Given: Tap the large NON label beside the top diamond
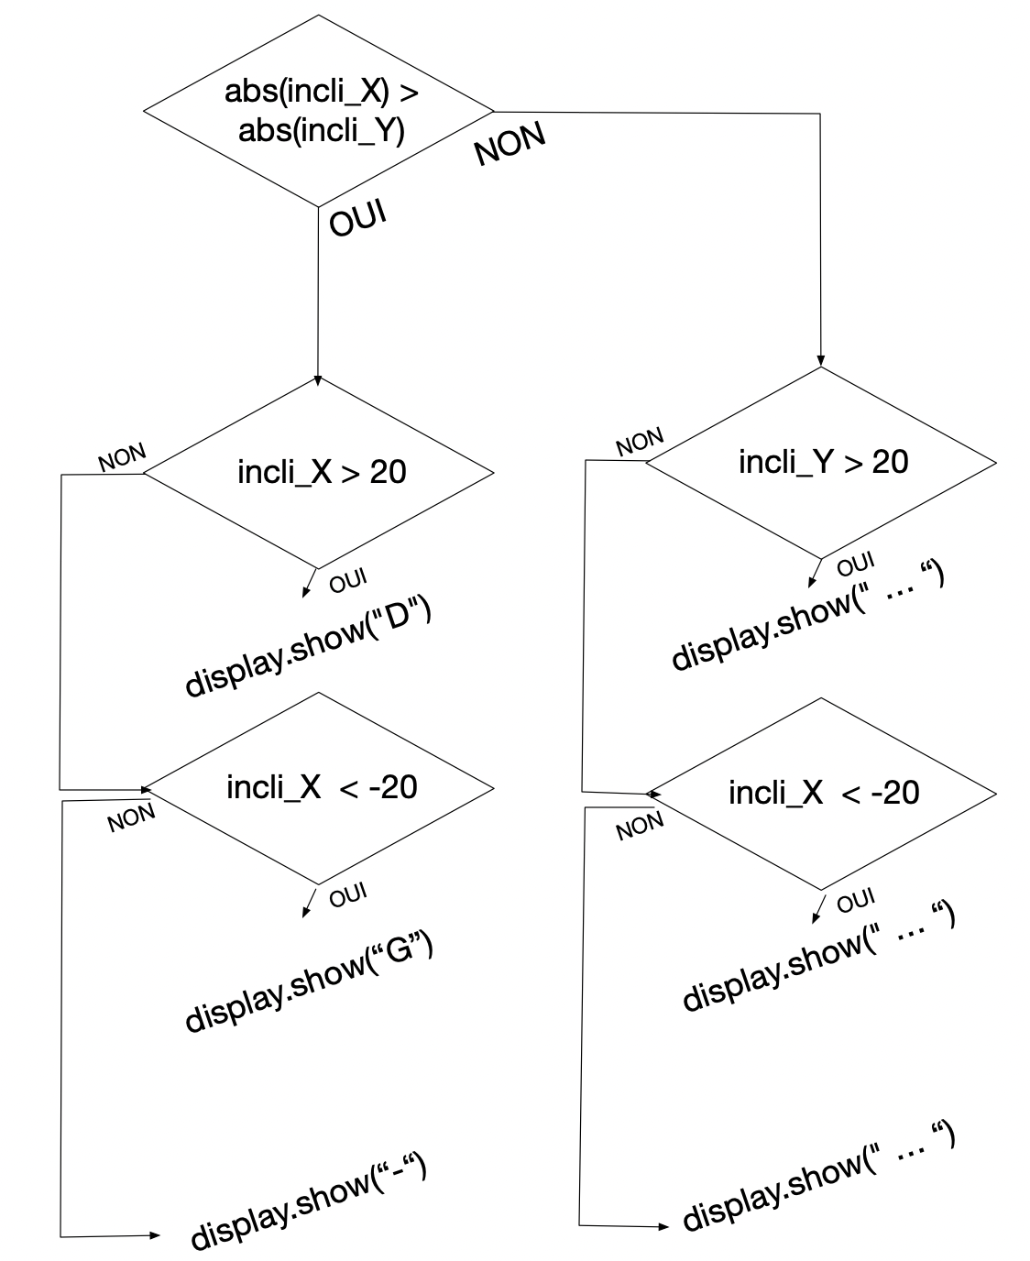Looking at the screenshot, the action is coord(510,143).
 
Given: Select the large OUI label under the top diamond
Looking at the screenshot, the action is coord(358,218).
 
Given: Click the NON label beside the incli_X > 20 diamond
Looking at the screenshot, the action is coord(122,457).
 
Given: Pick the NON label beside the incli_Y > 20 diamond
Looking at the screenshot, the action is coord(640,442).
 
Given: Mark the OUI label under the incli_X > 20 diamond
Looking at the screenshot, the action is coord(348,581).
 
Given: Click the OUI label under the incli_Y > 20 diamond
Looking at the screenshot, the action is coord(856,565).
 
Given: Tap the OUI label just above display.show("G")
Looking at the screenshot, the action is coord(348,894).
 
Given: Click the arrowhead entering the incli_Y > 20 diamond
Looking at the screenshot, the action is coord(820,361).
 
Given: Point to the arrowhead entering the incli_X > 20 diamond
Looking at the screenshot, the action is coord(317,381).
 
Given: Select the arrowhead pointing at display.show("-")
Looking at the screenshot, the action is coord(156,1234).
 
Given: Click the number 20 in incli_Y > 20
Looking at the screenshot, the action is coord(890,462).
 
